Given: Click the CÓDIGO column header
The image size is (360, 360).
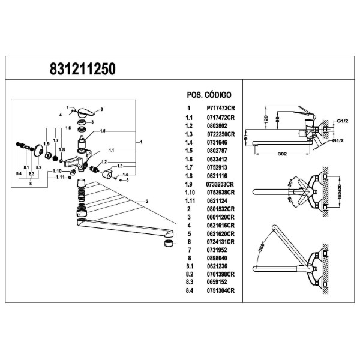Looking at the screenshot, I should [218, 95].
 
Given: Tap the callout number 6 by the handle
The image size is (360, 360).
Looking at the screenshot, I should [101, 110].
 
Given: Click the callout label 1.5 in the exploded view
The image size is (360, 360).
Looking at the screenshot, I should [103, 131].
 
